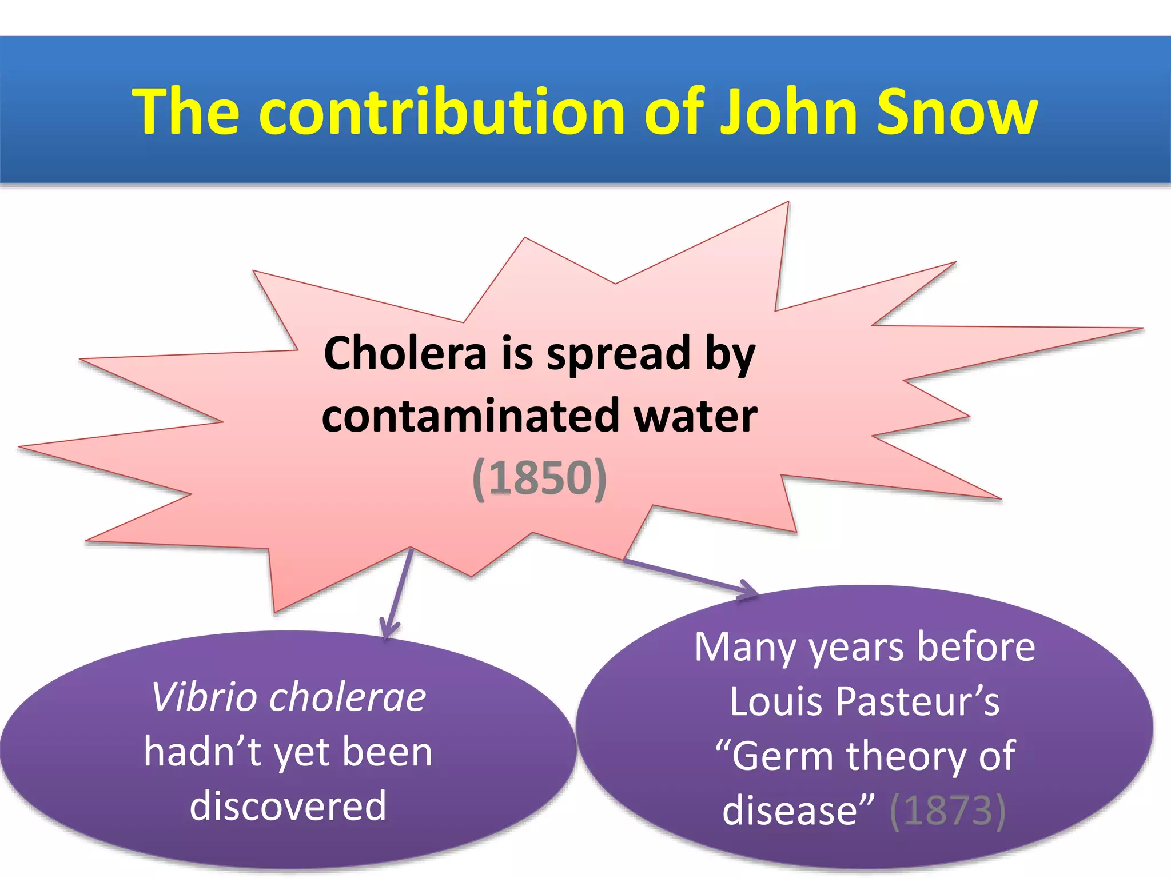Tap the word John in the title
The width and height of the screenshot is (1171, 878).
click(x=790, y=112)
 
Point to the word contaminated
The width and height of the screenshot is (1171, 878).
click(x=471, y=416)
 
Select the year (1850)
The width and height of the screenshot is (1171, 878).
click(x=539, y=478)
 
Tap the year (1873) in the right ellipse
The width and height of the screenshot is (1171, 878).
click(x=947, y=810)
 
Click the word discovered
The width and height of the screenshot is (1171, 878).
click(x=288, y=805)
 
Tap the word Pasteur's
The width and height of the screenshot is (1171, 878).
click(x=918, y=701)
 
